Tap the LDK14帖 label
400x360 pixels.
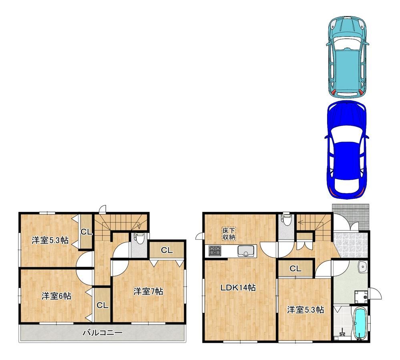point(238,288)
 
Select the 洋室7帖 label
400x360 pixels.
point(148,291)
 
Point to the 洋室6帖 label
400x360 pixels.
point(56,296)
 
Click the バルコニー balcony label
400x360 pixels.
point(103,332)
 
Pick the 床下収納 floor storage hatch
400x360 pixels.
point(229,234)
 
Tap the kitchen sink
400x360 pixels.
point(246,251)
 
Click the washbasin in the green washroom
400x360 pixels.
point(362,267)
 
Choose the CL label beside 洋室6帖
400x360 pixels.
point(103,305)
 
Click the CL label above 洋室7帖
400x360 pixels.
point(167,250)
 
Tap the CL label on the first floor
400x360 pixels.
point(295,268)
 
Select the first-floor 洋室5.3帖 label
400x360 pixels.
point(306,310)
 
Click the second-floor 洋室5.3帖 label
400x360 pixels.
point(50,240)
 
